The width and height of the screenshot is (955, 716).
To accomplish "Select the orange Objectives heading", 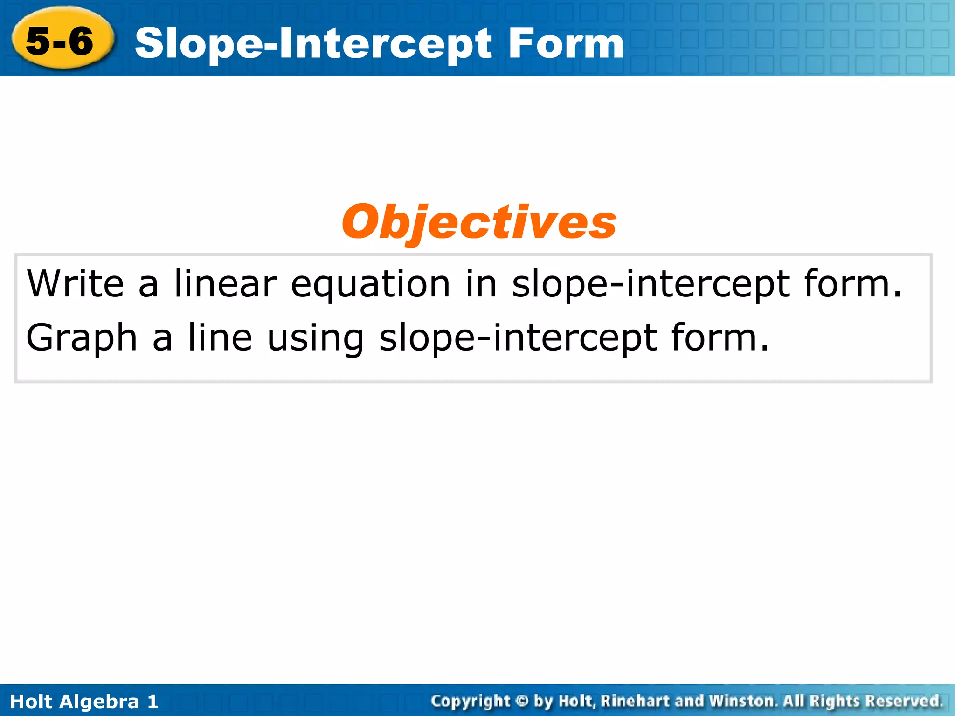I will [x=479, y=222].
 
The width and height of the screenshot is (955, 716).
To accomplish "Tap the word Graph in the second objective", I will [x=82, y=338].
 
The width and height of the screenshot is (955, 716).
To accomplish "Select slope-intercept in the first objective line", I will [x=651, y=284].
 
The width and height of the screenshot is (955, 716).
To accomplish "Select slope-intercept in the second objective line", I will [x=518, y=338].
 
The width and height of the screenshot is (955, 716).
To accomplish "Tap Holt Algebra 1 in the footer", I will [x=84, y=701].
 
